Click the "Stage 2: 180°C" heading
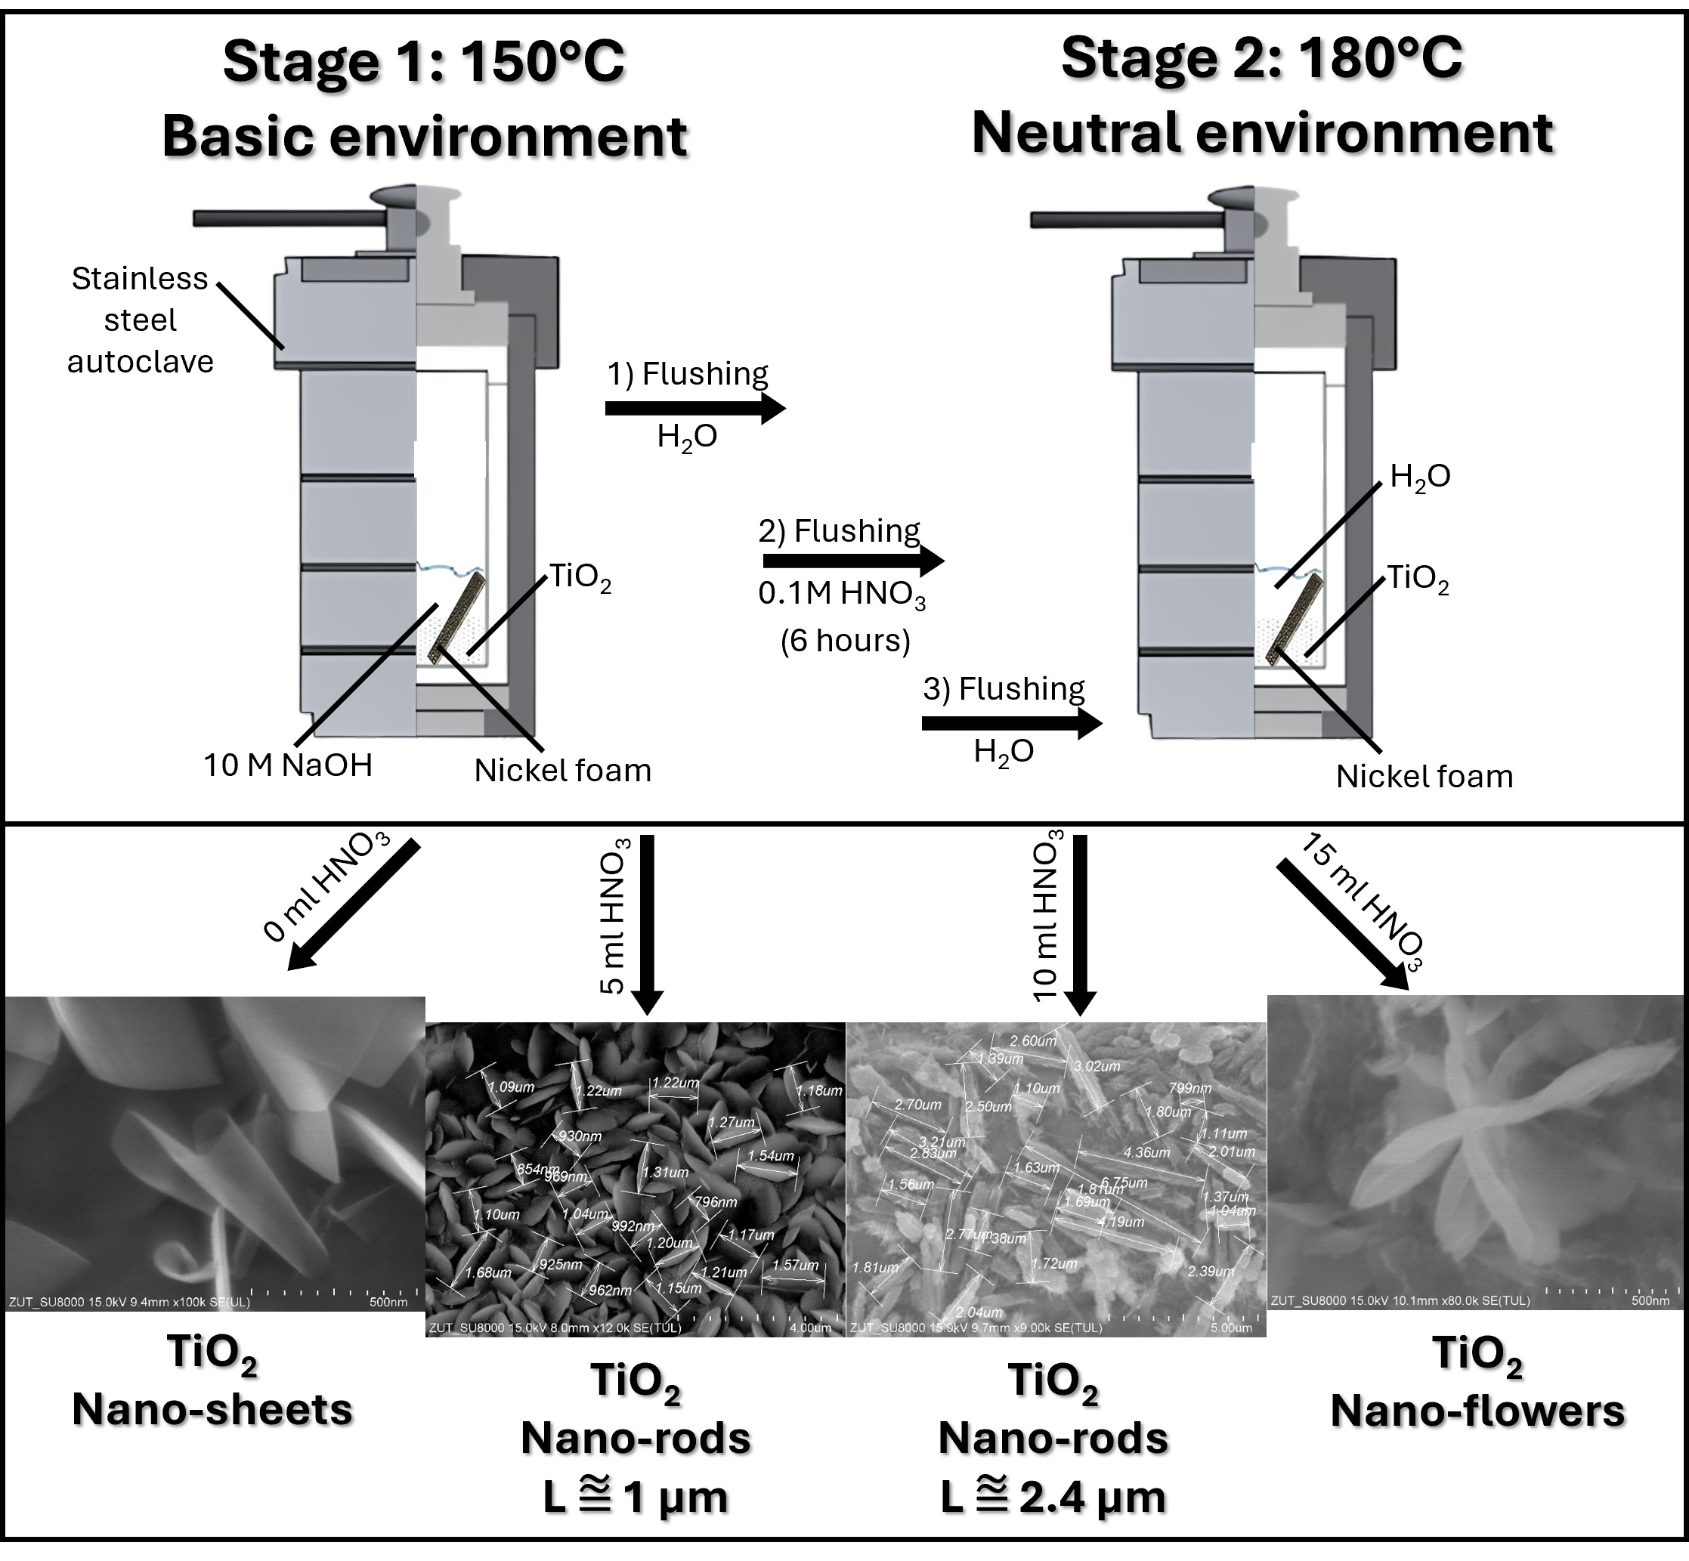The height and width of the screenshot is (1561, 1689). point(1261,59)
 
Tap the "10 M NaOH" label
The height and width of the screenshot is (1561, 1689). point(287,765)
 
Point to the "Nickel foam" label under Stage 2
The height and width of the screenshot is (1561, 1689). point(1425,776)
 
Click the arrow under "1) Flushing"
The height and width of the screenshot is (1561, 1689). point(694,409)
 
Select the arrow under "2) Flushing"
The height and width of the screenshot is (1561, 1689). point(852,561)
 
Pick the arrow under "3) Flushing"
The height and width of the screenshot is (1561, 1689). point(1010,723)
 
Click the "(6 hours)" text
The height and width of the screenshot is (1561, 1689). point(845,641)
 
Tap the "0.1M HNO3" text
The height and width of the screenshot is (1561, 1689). point(842,595)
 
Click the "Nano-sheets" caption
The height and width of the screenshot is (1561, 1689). point(212,1410)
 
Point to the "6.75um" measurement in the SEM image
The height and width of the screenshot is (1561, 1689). point(1124,1182)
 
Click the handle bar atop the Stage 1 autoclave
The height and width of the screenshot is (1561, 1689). point(287,218)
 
